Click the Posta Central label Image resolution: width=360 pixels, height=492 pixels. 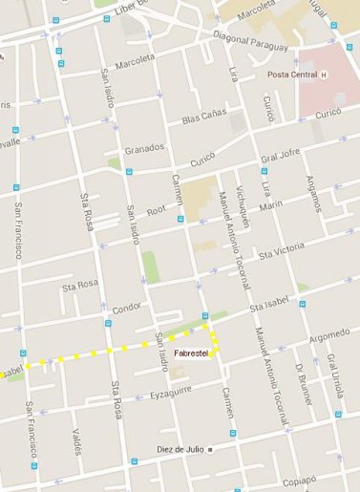tap(290, 75)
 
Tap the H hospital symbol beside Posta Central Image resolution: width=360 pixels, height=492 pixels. tap(324, 75)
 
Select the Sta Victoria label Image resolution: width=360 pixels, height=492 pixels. tap(281, 247)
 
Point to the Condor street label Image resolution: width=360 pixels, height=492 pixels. tap(127, 309)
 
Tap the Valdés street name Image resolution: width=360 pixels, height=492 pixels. tap(76, 440)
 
